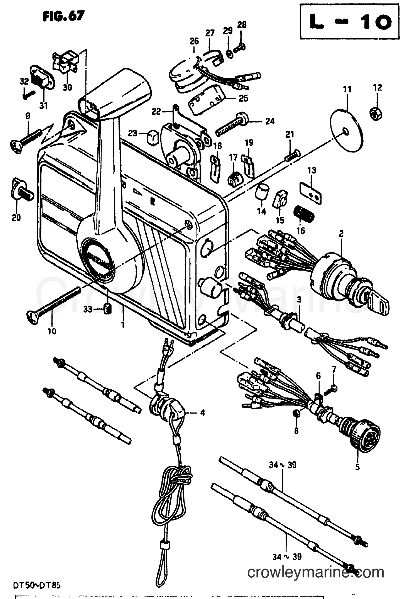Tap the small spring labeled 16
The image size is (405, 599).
click(x=304, y=215)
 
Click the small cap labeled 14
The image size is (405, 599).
click(x=262, y=191)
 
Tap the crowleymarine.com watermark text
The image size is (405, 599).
click(x=315, y=573)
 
